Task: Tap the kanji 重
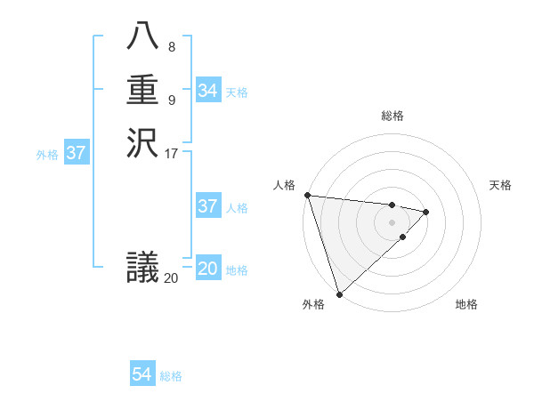(x=142, y=92)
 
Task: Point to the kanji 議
(x=142, y=266)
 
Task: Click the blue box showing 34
(x=207, y=91)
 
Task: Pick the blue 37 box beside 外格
(x=77, y=153)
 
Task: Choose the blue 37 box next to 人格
(x=207, y=206)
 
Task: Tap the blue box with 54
(x=142, y=374)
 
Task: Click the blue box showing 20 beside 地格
(x=207, y=269)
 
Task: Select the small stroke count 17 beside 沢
(x=172, y=153)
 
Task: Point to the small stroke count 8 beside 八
(x=171, y=47)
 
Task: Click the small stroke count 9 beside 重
(x=171, y=100)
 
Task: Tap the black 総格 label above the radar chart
(x=392, y=116)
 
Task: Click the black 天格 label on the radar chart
(x=500, y=185)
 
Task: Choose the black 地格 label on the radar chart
(x=466, y=304)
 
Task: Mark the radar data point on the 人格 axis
(x=307, y=195)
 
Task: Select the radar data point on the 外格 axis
(x=339, y=293)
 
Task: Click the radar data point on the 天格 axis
(x=426, y=212)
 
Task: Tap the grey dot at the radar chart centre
(x=392, y=222)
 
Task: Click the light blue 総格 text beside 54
(x=171, y=376)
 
